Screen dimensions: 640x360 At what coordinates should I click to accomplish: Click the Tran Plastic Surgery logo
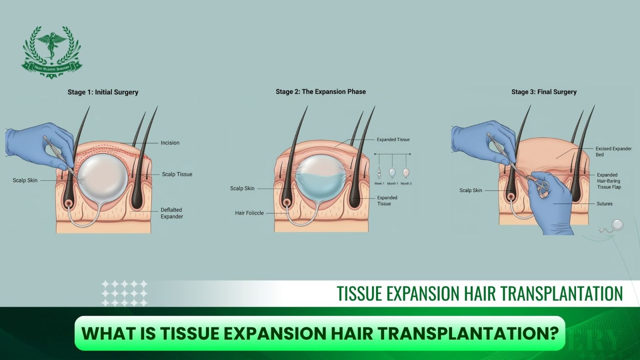click(52, 52)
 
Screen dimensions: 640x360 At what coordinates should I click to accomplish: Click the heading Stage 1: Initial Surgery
click(103, 92)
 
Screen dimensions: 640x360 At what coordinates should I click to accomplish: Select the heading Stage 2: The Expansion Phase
click(320, 92)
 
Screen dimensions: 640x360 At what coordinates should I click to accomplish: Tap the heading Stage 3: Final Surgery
click(544, 92)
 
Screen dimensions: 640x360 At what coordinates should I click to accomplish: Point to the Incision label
click(170, 142)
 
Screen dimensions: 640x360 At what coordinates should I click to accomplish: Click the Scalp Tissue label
click(177, 174)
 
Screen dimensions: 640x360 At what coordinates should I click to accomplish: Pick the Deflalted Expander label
click(172, 213)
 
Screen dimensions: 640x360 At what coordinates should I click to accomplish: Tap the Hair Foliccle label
click(250, 213)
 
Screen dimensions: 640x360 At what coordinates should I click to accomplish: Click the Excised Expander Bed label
click(614, 152)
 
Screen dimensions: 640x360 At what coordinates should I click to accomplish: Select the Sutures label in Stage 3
click(604, 204)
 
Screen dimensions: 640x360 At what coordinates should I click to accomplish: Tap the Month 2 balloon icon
click(406, 173)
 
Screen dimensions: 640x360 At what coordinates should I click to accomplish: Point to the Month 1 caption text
click(392, 184)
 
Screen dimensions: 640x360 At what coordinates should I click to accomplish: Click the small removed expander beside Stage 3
click(616, 226)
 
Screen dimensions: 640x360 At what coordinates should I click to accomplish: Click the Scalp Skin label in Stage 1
click(25, 180)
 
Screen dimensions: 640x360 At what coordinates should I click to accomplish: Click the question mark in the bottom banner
click(554, 333)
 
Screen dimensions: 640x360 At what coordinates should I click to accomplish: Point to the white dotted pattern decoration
click(124, 293)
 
